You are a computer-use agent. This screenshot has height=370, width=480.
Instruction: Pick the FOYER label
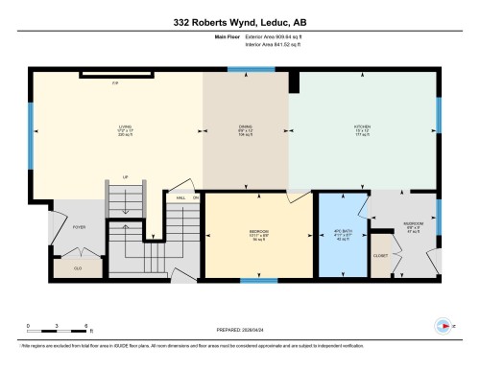[79, 227]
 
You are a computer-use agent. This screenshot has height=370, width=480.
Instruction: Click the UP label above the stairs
[125, 176]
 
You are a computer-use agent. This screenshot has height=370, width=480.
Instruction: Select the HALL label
[180, 198]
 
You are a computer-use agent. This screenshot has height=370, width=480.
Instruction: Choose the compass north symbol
[444, 325]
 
